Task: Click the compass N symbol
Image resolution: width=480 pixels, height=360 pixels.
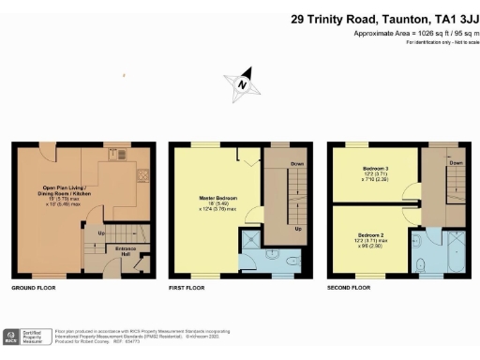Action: point(244,83)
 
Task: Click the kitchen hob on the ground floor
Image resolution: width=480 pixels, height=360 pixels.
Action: point(142,174)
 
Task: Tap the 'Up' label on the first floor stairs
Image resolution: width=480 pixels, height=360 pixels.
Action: point(298,228)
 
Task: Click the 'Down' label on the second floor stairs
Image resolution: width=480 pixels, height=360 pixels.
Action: point(456,162)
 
